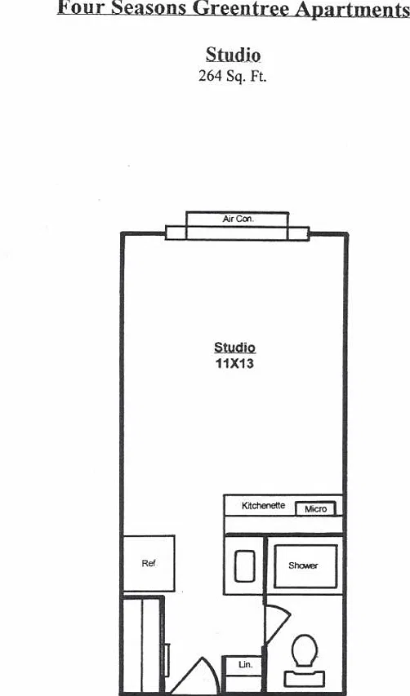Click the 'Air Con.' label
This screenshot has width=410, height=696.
pyautogui.click(x=238, y=219)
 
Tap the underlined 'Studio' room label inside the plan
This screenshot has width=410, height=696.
pyautogui.click(x=234, y=348)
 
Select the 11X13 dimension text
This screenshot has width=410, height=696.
pyautogui.click(x=234, y=364)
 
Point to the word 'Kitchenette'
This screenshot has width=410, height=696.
pyautogui.click(x=264, y=506)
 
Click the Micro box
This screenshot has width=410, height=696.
pyautogui.click(x=316, y=508)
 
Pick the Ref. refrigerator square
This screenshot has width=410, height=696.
pyautogui.click(x=149, y=563)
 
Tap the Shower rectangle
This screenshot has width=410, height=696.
pyautogui.click(x=305, y=566)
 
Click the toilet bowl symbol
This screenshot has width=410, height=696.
pyautogui.click(x=305, y=650)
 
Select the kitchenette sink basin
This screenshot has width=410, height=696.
pyautogui.click(x=245, y=566)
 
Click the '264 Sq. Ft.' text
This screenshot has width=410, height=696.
pyautogui.click(x=232, y=76)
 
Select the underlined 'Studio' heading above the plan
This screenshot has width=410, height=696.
pyautogui.click(x=234, y=55)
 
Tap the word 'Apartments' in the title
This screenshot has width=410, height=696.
pyautogui.click(x=353, y=9)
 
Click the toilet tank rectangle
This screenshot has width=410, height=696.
pyautogui.click(x=305, y=679)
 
